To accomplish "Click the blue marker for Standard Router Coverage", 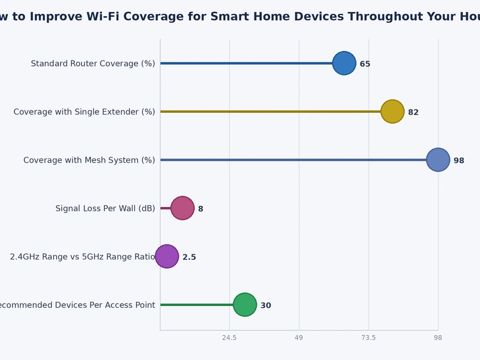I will (344, 63).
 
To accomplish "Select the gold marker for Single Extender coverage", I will (392, 112).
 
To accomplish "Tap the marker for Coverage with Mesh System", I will (438, 160).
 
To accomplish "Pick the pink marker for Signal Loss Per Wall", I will (182, 208).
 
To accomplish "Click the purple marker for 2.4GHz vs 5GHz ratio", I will (167, 256).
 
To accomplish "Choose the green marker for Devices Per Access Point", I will (245, 305).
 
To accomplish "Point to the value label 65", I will (365, 64).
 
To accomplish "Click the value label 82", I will (413, 112).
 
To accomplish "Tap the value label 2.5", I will (189, 257).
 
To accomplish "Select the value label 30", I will (266, 305).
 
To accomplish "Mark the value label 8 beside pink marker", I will (200, 209).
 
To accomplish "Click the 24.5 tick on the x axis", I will (229, 338).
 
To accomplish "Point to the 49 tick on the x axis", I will (299, 338).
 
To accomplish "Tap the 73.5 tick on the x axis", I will (368, 338).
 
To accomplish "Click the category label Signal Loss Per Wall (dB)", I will (105, 208).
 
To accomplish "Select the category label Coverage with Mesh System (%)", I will (89, 160).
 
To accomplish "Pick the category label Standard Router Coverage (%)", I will (93, 64).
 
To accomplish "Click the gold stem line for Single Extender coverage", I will (270, 112).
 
